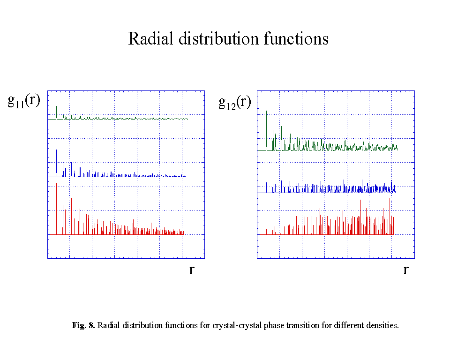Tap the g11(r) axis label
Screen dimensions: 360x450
pos(24,101)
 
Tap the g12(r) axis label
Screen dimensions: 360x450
pos(234,102)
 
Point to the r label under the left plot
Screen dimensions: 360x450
pos(192,270)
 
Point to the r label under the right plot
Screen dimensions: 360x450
pos(405,270)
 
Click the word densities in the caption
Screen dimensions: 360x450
pos(384,325)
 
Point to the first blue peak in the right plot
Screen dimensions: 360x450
pos(266,180)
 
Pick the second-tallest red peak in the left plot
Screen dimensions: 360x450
pos(71,199)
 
